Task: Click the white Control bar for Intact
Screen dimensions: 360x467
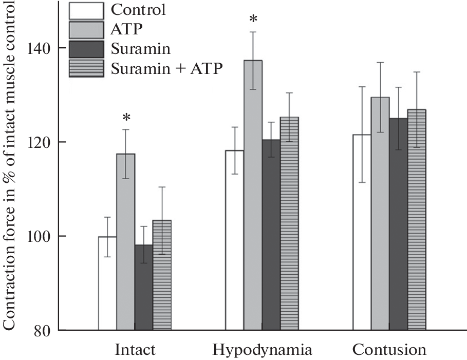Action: tap(107, 283)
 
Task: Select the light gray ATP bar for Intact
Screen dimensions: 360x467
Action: tap(125, 241)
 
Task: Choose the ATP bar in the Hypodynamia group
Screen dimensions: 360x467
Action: tap(253, 195)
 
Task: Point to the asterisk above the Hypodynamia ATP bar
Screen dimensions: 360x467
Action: tap(253, 20)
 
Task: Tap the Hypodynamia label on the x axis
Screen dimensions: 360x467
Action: tap(263, 350)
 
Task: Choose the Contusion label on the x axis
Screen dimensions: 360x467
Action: tap(389, 350)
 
